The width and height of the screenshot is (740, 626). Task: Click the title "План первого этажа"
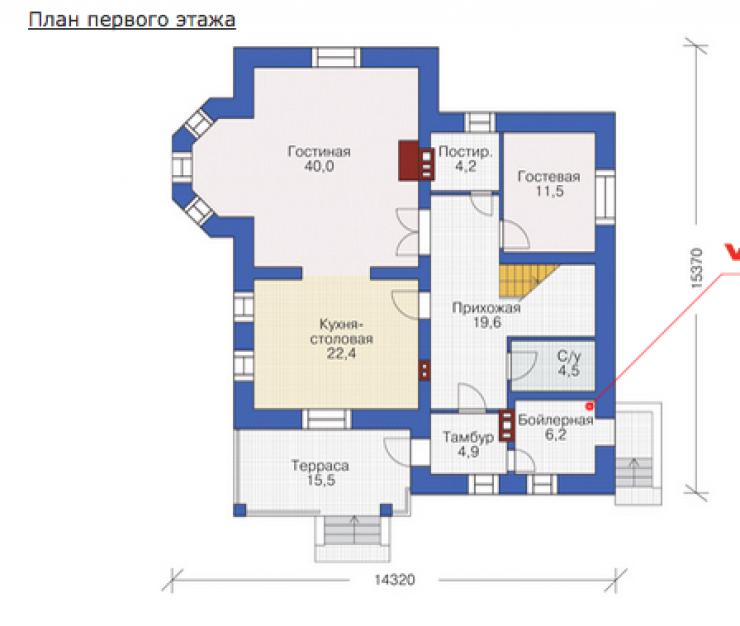pos(132,20)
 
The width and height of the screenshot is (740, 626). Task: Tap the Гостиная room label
pos(319,152)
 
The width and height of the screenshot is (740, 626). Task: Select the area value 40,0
pos(319,166)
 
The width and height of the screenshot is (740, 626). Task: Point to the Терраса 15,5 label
pos(320,473)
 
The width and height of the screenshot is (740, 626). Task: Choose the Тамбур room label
pos(468,437)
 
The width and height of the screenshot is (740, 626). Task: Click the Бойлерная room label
pos(555,420)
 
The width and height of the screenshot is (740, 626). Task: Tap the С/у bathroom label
pos(569,356)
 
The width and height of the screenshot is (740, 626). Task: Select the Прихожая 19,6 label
pos(487,315)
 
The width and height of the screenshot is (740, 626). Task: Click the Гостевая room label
pos(549,177)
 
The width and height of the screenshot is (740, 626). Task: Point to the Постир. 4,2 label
pos(465,159)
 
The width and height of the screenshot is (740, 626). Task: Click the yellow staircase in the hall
pos(524,281)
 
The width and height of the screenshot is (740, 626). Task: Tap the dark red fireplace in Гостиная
pos(409,161)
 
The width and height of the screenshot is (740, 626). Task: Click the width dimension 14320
pos(395,579)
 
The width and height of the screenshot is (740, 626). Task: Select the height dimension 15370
pos(696,268)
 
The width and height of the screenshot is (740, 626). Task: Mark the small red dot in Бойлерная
pos(589,406)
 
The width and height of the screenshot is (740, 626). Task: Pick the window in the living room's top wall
pos(336,58)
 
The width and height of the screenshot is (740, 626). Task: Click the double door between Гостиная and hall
pos(408,232)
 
